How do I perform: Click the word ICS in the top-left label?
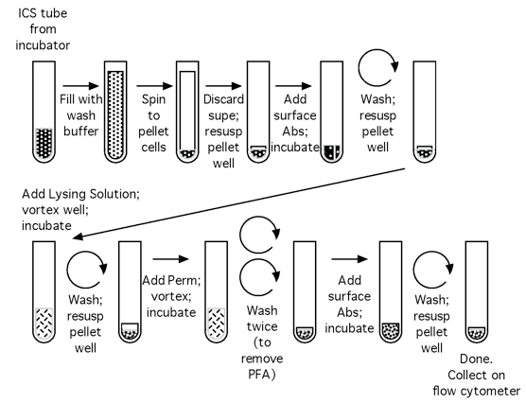tap(27, 13)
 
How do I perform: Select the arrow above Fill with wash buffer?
tap(80, 86)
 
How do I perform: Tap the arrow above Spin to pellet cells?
tap(154, 86)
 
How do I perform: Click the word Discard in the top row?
tap(223, 99)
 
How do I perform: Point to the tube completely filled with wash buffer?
tap(115, 112)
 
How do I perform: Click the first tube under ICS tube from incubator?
tap(44, 112)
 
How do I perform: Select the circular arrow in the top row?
tap(378, 67)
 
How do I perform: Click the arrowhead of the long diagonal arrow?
tap(78, 237)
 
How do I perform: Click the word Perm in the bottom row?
tap(184, 280)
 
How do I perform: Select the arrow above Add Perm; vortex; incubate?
tap(170, 259)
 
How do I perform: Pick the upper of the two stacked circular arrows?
tap(260, 235)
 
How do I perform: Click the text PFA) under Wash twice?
tap(262, 374)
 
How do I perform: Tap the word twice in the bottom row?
tap(262, 326)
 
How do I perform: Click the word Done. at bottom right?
tap(476, 359)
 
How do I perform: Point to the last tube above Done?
tap(477, 292)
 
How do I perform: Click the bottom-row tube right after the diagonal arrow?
tap(44, 292)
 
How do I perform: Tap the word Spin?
tap(153, 99)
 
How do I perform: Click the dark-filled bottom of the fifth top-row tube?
tap(332, 153)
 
